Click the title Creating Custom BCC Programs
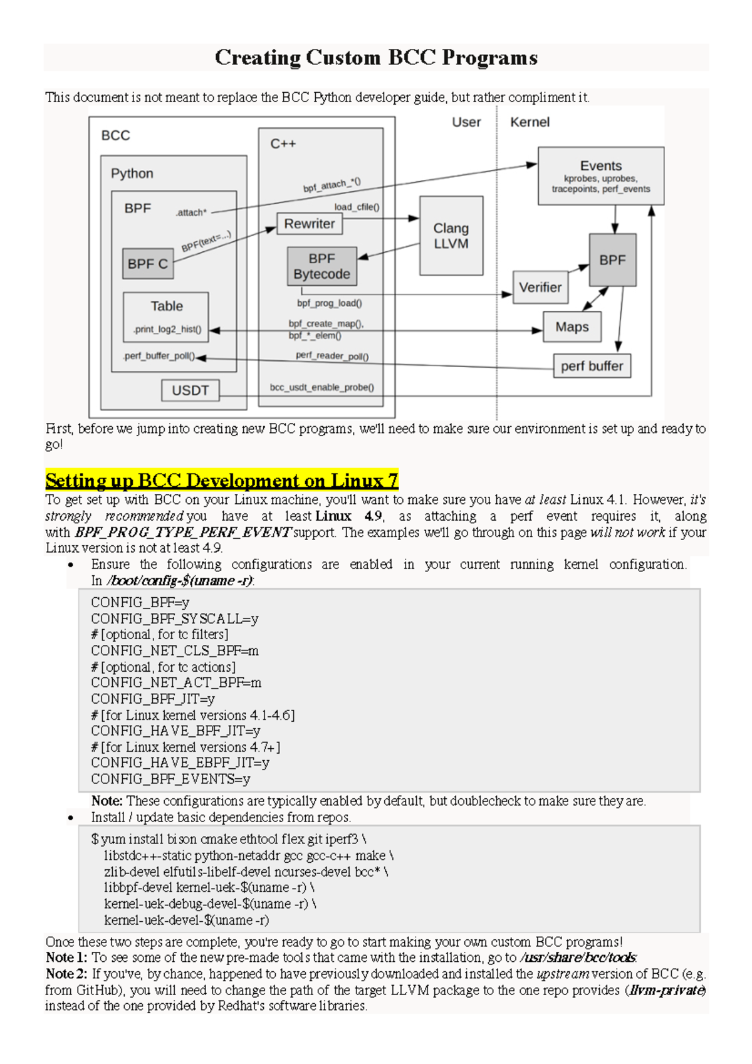376,58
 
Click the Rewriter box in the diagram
310,224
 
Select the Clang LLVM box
451,236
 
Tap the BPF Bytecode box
321,266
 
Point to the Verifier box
540,288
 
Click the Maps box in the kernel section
572,327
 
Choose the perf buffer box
592,366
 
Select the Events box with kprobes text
600,176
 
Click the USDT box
190,390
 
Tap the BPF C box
147,264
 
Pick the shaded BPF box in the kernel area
612,260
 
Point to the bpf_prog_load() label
329,303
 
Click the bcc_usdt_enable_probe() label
321,387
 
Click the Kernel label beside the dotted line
530,122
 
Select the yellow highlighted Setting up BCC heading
221,481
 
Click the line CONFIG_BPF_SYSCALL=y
174,619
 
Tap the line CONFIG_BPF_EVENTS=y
170,780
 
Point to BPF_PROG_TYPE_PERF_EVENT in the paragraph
182,533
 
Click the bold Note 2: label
66,974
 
